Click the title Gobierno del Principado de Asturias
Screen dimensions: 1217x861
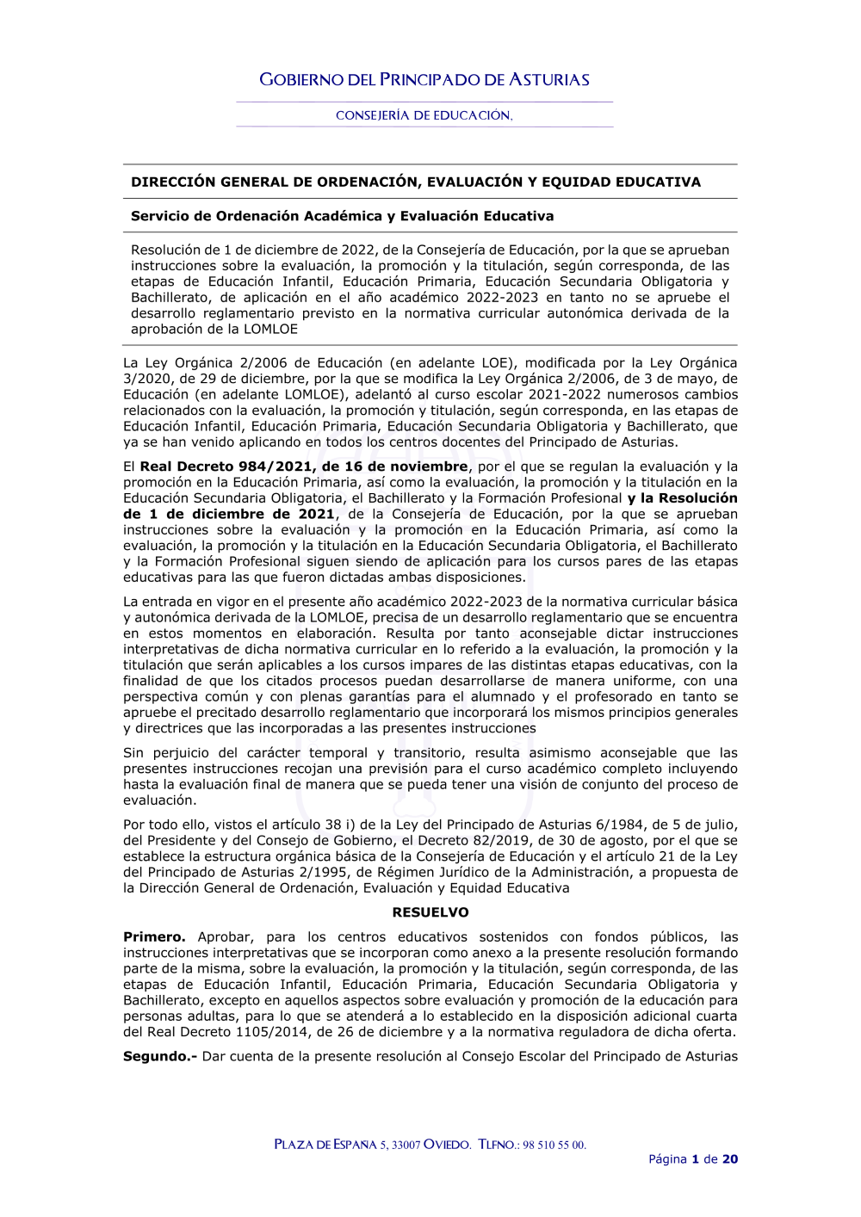[x=424, y=80]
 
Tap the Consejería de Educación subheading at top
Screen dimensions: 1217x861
[x=424, y=115]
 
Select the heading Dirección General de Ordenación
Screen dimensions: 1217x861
[x=416, y=182]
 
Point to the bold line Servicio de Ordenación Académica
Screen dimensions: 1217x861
[x=342, y=216]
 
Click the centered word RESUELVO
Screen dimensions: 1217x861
[x=430, y=912]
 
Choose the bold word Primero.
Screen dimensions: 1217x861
[x=154, y=936]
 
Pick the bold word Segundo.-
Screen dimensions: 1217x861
[x=160, y=1056]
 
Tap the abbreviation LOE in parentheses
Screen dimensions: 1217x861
[x=500, y=362]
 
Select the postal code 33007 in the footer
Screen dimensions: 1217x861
[x=406, y=1145]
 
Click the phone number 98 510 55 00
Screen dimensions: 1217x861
[x=554, y=1145]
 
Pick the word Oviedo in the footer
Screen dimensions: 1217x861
[x=448, y=1145]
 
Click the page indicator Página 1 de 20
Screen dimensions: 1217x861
[x=693, y=1159]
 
